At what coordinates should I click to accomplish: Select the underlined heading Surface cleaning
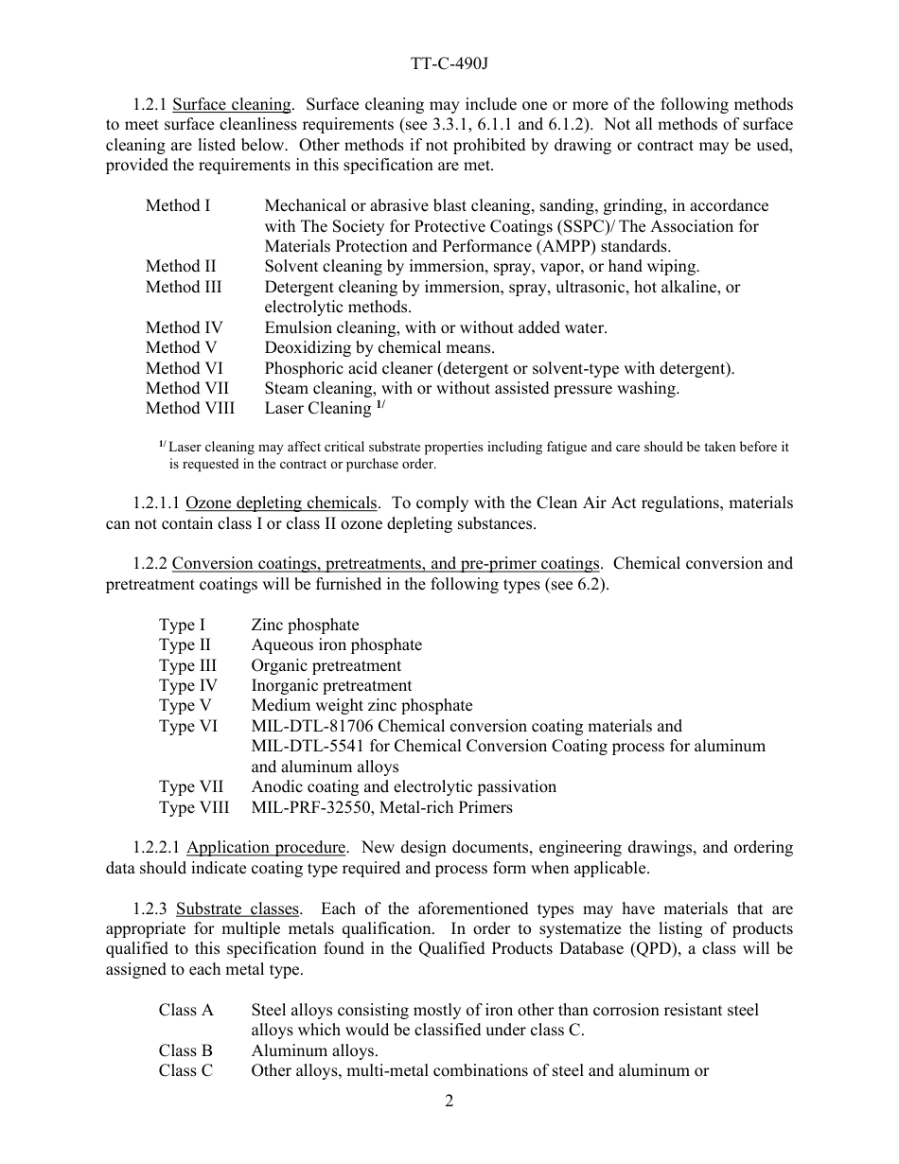(232, 104)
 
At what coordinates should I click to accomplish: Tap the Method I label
(178, 205)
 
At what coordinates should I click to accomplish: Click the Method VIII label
(190, 409)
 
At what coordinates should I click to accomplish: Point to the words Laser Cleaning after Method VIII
(317, 409)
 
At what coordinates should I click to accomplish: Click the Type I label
(182, 625)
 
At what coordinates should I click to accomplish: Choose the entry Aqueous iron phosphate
(336, 645)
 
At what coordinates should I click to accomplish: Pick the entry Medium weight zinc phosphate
(361, 706)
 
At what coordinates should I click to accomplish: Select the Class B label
(185, 1051)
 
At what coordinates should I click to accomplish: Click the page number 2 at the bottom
(449, 1102)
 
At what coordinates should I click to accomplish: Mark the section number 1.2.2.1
(157, 847)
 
